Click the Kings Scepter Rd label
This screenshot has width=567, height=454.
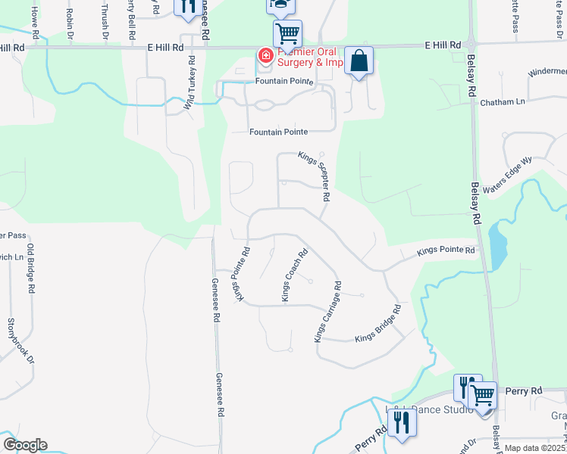coord(314,176)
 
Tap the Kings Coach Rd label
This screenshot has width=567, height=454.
coord(295,275)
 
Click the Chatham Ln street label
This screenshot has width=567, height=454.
coord(503,101)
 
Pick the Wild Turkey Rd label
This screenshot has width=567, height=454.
coord(189,84)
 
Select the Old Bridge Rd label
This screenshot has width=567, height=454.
coord(31,269)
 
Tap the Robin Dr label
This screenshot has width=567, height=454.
coord(70,23)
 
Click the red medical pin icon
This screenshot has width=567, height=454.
coord(265,55)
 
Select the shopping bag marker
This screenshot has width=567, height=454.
coord(359,61)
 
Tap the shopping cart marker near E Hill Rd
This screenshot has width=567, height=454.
coord(287,33)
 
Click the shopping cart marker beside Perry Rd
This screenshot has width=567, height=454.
coord(481,394)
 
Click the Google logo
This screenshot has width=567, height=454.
coord(25,445)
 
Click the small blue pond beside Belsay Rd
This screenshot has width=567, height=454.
coord(497,244)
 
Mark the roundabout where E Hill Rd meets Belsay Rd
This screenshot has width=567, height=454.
coord(471,45)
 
